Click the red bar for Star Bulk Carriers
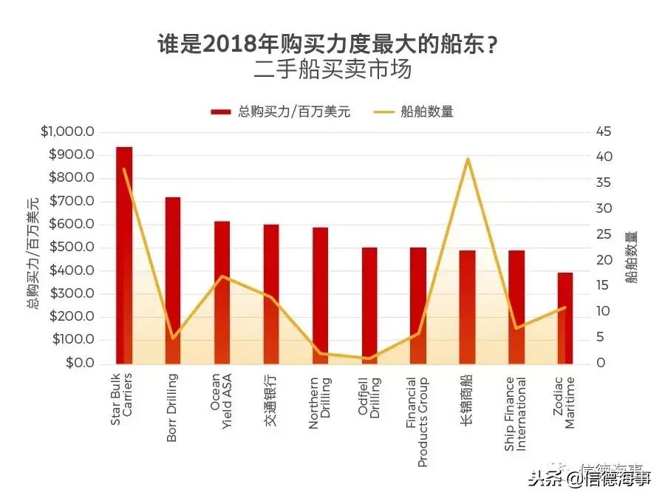(124, 255)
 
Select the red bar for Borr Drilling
(173, 281)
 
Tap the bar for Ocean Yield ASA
(222, 293)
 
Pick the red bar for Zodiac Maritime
(565, 318)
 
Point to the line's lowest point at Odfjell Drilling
(369, 358)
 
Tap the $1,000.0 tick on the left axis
(68, 132)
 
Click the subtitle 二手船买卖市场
(332, 70)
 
